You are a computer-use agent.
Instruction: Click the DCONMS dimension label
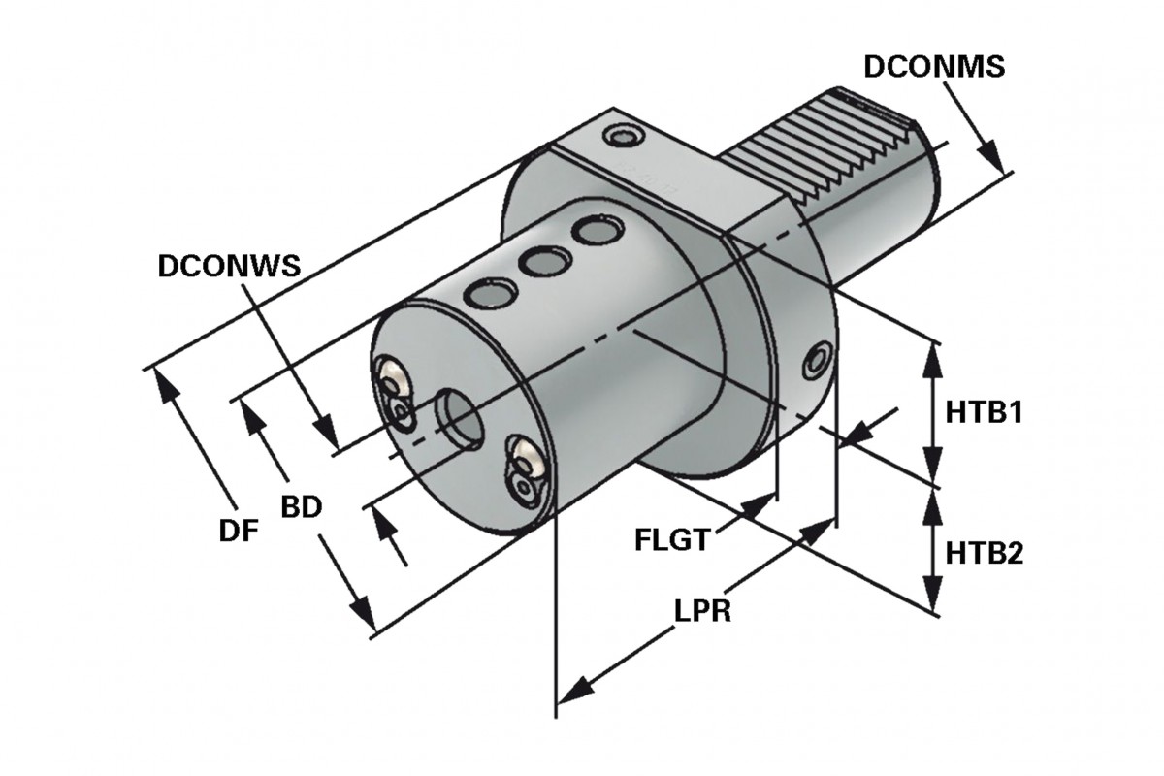934,67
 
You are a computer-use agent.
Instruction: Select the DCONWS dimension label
229,266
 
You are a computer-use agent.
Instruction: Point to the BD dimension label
301,508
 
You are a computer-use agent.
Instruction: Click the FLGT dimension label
672,539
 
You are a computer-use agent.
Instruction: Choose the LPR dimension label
702,613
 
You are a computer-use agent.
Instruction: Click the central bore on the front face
459,416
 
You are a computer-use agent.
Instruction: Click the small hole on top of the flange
622,136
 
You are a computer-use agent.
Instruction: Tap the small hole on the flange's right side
817,360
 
